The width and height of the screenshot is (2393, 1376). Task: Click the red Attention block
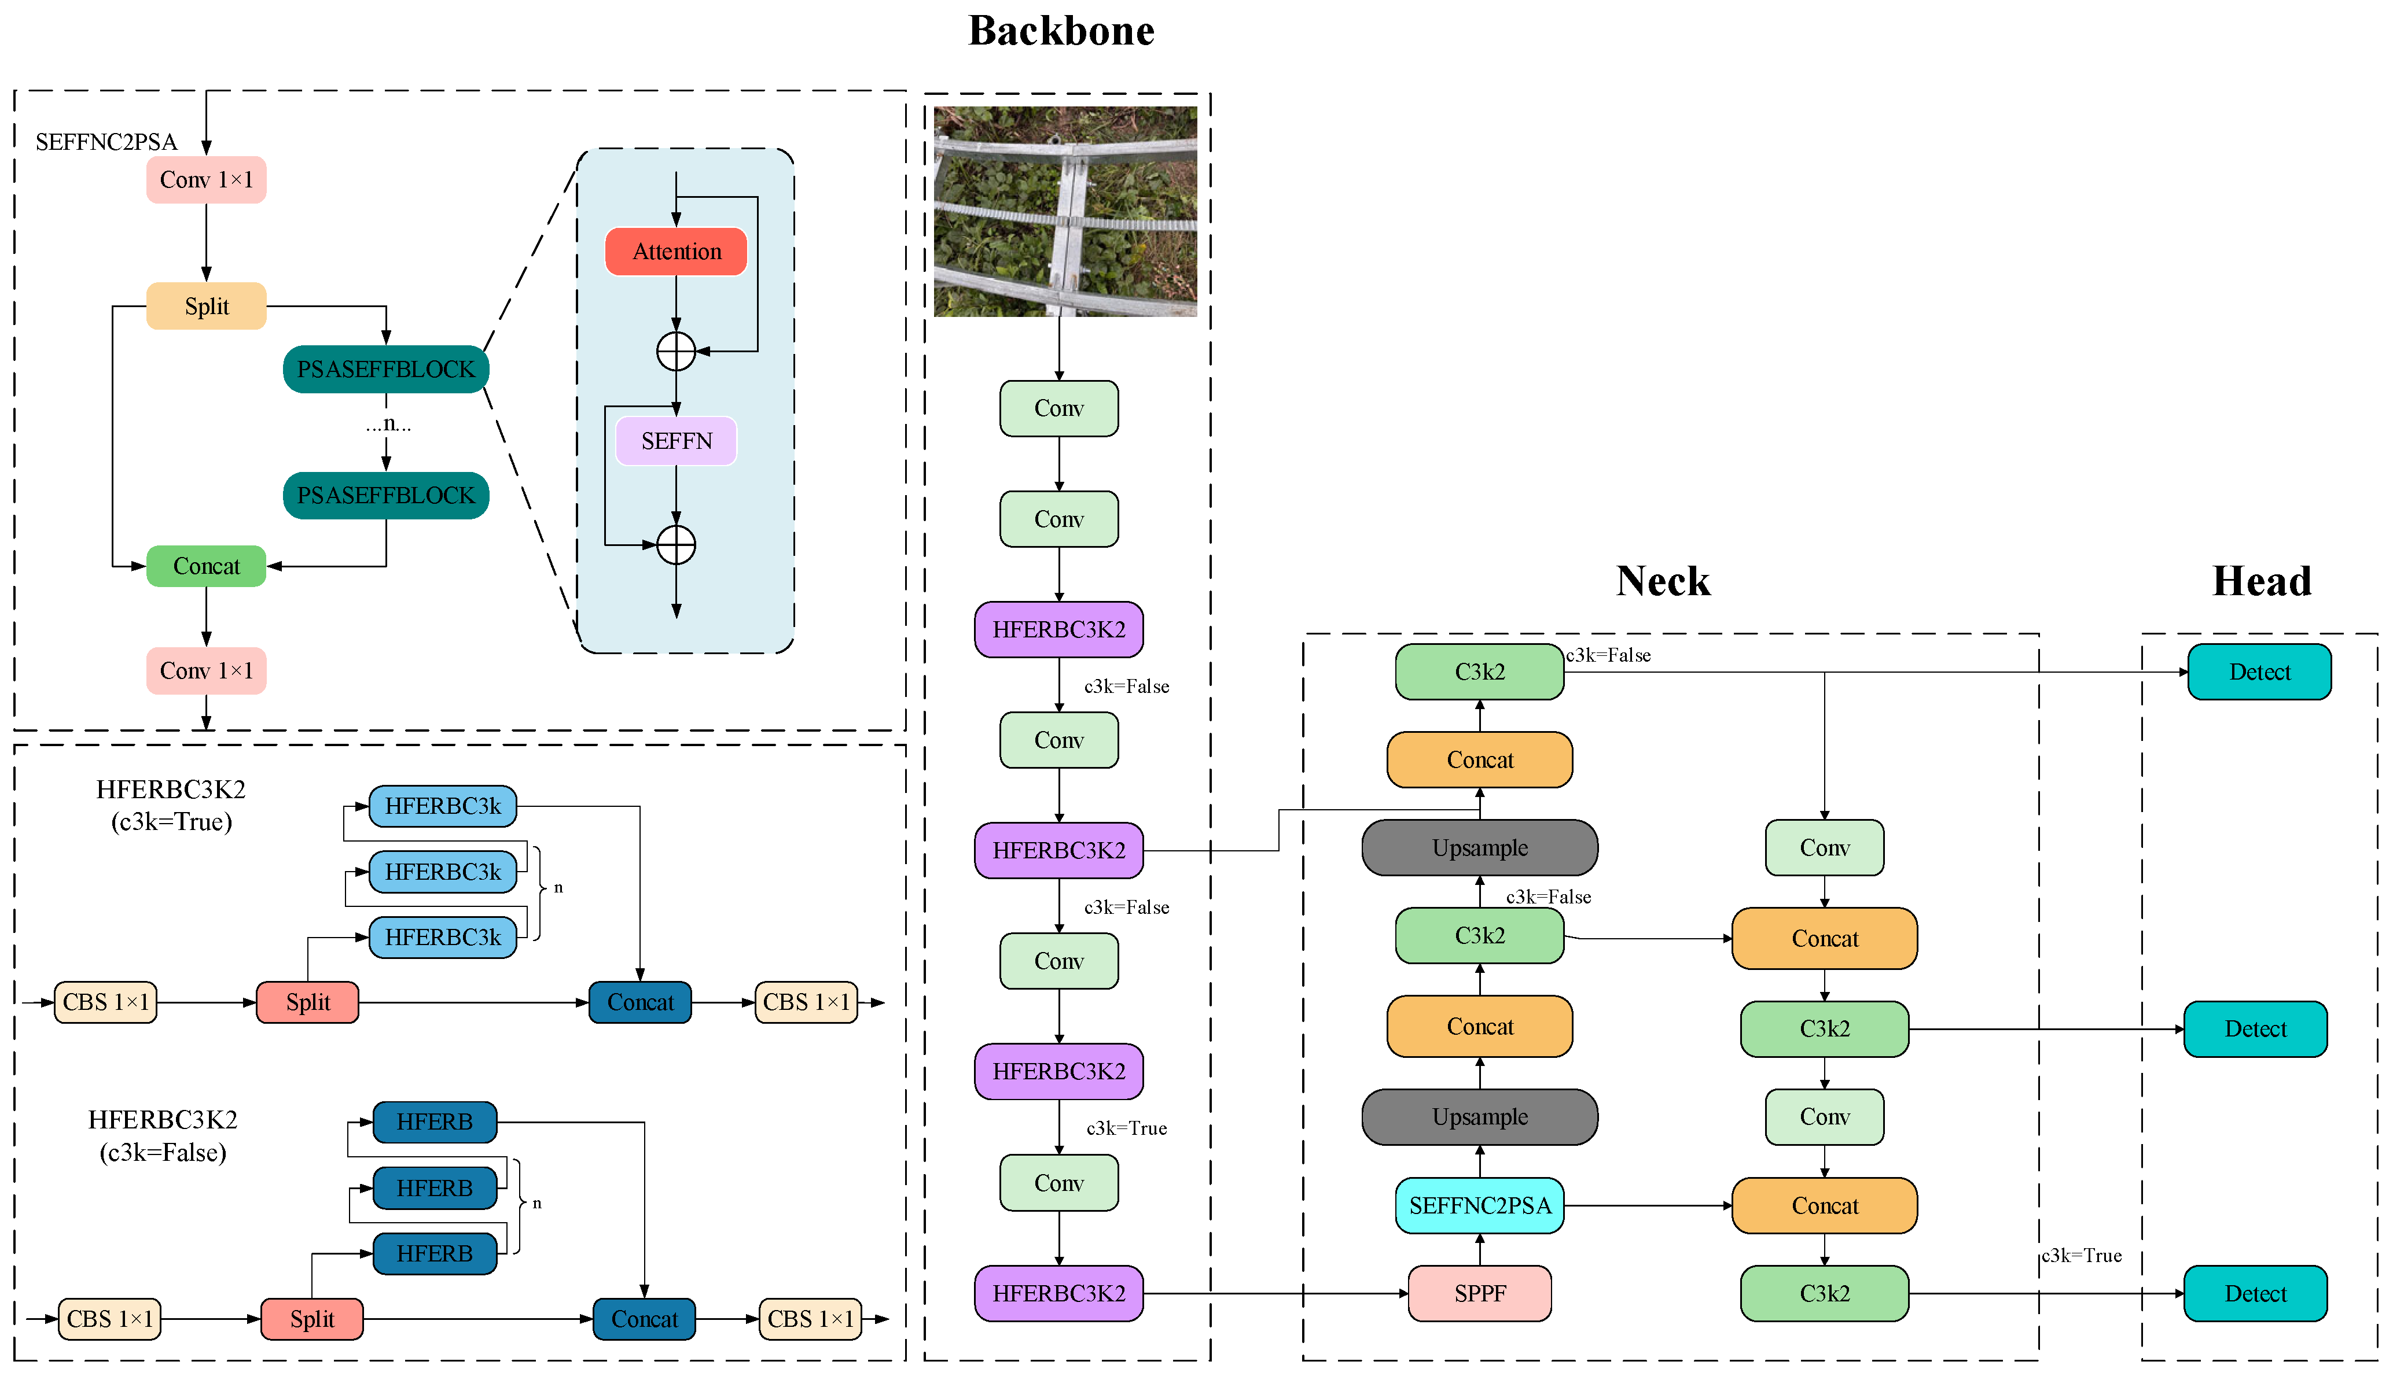click(x=676, y=252)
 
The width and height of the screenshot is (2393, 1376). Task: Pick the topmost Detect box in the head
click(x=2260, y=672)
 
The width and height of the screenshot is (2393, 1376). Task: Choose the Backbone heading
click(x=1061, y=31)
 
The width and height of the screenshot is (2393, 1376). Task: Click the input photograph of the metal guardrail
click(x=1065, y=212)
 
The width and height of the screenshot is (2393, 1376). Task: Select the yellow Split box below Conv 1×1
click(x=206, y=306)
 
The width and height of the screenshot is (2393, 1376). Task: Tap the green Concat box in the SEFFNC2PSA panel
click(x=206, y=566)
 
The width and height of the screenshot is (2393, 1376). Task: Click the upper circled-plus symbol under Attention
click(x=676, y=352)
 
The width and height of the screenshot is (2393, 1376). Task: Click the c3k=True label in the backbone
click(x=1126, y=1128)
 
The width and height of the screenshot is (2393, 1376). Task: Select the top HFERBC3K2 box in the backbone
click(x=1059, y=629)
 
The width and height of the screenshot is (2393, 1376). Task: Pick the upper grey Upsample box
click(x=1480, y=848)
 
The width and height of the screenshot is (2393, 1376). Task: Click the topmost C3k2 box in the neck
click(x=1480, y=672)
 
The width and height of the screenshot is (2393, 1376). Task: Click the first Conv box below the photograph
click(x=1059, y=408)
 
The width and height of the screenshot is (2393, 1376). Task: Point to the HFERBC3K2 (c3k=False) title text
click(x=163, y=1136)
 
